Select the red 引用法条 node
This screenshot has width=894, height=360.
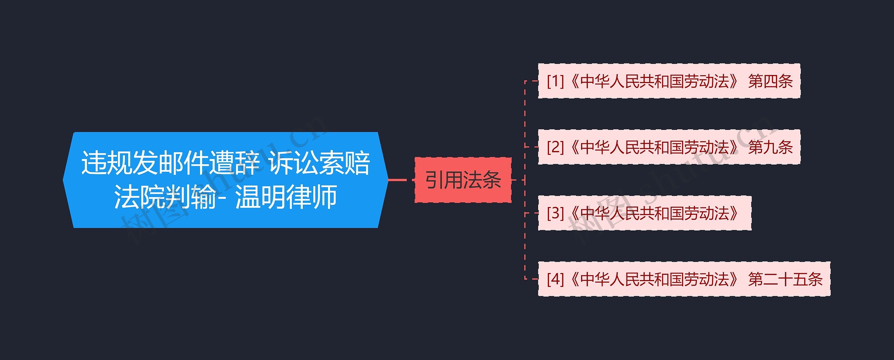[463, 180]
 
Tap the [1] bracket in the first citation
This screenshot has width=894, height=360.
[555, 81]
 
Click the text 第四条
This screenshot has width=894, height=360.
[770, 81]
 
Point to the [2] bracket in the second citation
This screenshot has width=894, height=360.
[555, 147]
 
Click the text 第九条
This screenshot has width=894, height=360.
[770, 147]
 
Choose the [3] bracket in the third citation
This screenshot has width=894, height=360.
[555, 213]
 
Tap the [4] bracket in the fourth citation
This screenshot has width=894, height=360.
[555, 279]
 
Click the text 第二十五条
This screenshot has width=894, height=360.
[785, 279]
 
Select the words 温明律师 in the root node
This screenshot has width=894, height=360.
[286, 197]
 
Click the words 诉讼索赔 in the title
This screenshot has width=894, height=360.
[320, 163]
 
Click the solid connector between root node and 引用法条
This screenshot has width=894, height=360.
[397, 180]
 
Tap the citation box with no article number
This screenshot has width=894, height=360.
[644, 213]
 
